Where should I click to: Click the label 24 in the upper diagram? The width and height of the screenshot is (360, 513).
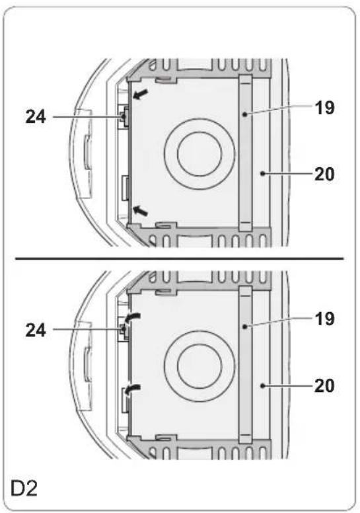tap(36, 117)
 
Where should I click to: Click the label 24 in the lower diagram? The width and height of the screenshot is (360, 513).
tap(36, 330)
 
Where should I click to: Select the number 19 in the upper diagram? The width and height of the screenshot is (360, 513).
tap(324, 107)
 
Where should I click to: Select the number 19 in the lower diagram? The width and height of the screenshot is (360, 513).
tap(324, 319)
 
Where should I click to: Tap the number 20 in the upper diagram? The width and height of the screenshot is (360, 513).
tap(324, 174)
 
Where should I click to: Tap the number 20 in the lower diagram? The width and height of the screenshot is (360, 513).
tap(324, 385)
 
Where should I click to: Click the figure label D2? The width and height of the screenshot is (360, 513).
tap(24, 488)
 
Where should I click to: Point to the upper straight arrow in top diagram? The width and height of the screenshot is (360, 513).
tap(140, 94)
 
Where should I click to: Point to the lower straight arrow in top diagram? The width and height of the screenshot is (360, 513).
tap(140, 210)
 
